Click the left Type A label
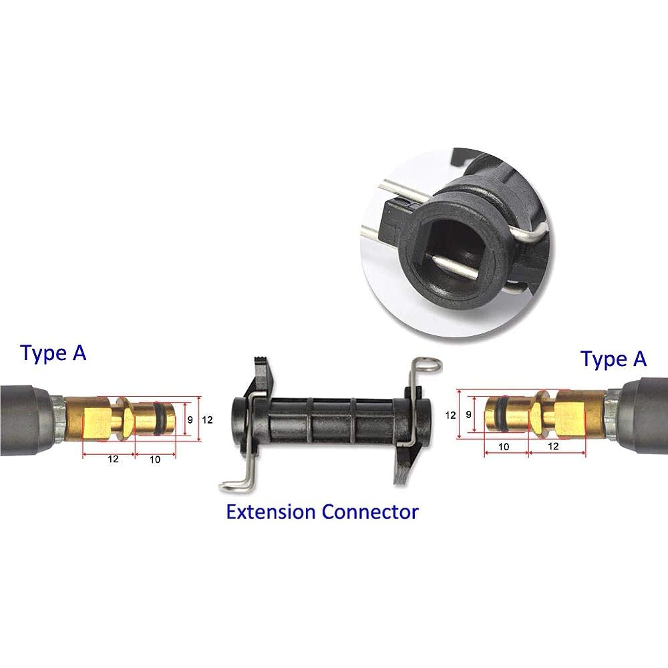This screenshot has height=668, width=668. coord(53,353)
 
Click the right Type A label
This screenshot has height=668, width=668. coord(613,359)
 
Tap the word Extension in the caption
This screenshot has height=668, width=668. coord(271,512)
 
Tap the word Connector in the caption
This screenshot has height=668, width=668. coord(370,512)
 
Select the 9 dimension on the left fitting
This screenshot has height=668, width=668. coord(190,420)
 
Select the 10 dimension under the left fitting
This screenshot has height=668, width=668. coord(155,460)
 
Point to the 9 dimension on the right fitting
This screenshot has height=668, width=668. coord(469,414)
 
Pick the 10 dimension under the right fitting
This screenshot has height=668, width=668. coord(504,446)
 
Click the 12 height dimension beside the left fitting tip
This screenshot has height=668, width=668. coord(207,420)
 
